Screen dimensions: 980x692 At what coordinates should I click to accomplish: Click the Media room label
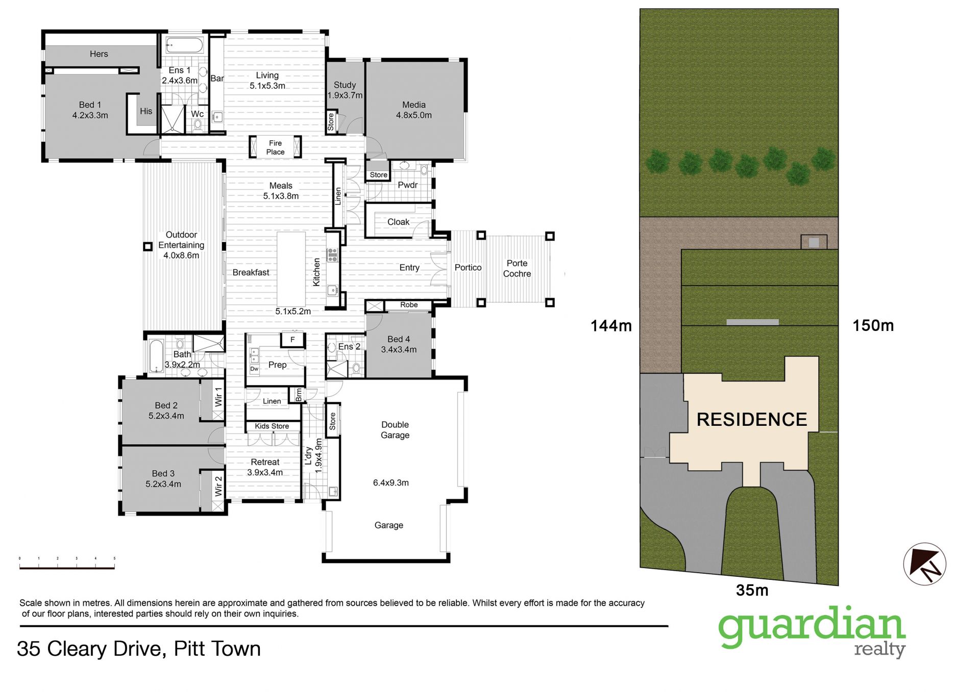pos(413,105)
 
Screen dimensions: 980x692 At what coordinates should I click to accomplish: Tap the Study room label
pos(345,85)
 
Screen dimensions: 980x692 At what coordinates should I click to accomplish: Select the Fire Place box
pos(275,147)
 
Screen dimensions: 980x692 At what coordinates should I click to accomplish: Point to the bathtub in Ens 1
pos(184,46)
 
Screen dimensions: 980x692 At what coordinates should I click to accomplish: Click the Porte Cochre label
pos(517,268)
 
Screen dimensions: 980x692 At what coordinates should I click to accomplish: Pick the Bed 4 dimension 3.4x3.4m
pos(399,349)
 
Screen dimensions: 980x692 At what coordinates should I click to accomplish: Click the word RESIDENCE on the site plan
pos(752,420)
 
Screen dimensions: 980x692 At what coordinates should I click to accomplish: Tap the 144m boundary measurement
pos(611,325)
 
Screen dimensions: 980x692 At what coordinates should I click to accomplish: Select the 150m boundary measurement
pos(873,325)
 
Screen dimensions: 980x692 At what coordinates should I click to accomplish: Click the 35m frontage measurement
pos(752,590)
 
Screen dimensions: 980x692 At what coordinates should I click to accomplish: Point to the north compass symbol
pos(924,563)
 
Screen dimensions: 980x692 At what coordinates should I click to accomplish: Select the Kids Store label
pos(272,426)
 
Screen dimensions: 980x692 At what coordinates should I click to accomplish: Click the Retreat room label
pos(265,462)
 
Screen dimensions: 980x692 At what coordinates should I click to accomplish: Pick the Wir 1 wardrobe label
pos(218,397)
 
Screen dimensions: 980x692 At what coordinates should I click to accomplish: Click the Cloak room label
pos(398,222)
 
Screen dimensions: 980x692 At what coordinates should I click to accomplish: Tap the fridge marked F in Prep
pos(292,339)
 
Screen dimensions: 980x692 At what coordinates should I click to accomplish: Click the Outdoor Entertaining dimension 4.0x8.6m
pos(181,255)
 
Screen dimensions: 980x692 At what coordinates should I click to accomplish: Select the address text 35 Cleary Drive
pos(90,649)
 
